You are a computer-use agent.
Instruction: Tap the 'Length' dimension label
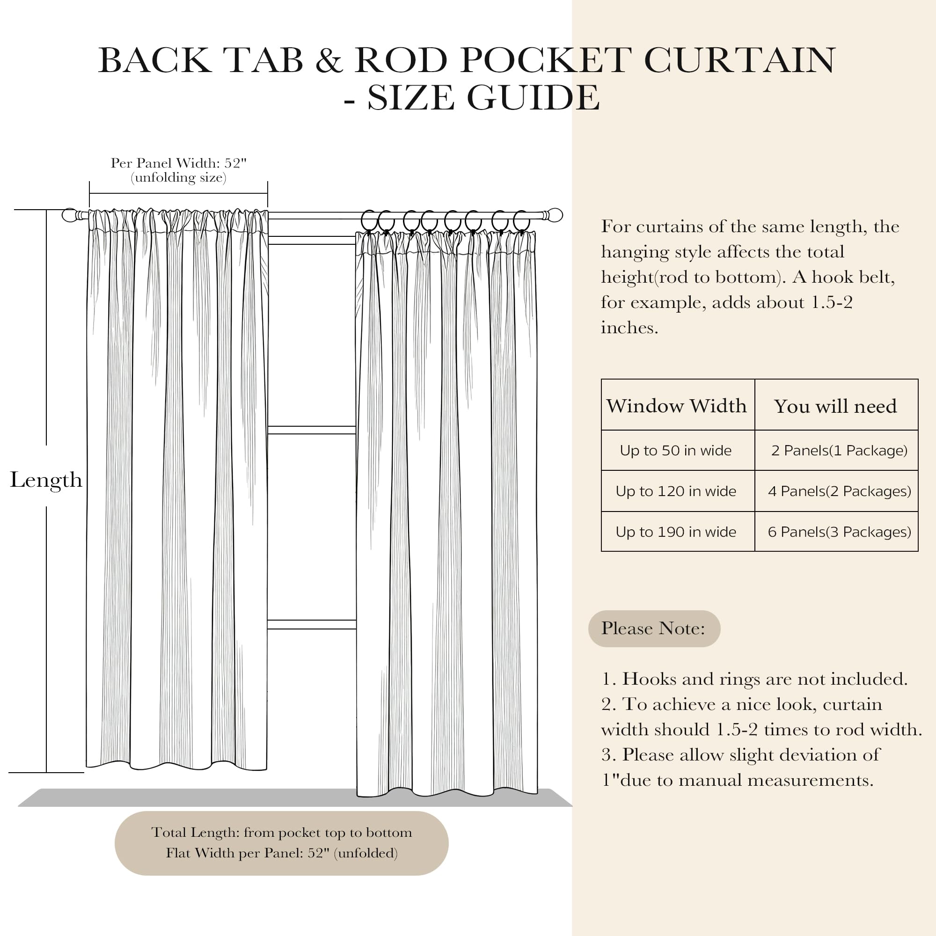[46, 480]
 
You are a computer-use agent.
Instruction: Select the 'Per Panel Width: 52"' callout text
[178, 163]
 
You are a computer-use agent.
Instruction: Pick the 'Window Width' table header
[676, 405]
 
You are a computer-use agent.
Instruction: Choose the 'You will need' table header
[835, 406]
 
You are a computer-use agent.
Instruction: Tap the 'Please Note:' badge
[653, 629]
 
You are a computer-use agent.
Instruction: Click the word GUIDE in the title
[533, 98]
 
